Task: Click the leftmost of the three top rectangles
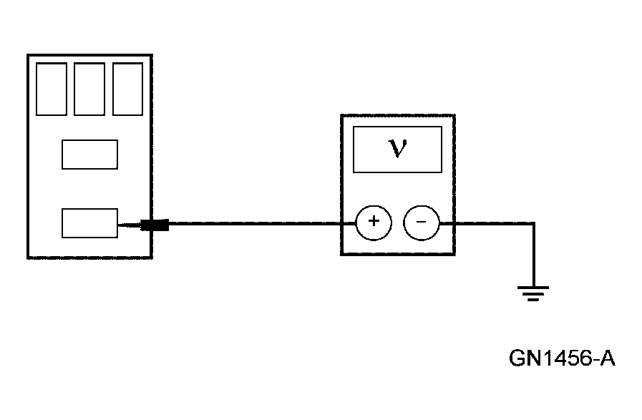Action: (52, 89)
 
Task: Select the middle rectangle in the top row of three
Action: (89, 89)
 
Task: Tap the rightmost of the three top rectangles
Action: (127, 89)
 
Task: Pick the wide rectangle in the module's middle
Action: (89, 155)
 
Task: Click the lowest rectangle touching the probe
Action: (89, 223)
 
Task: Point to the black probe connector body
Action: (155, 225)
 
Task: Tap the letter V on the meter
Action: (397, 148)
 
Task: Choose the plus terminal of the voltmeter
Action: (374, 223)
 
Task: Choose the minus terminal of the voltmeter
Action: (421, 223)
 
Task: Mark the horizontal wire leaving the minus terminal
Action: (487, 223)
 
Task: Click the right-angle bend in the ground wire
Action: (533, 224)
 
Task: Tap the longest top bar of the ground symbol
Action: (533, 288)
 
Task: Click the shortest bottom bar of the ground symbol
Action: (533, 300)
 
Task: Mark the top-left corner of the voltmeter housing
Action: (341, 116)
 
